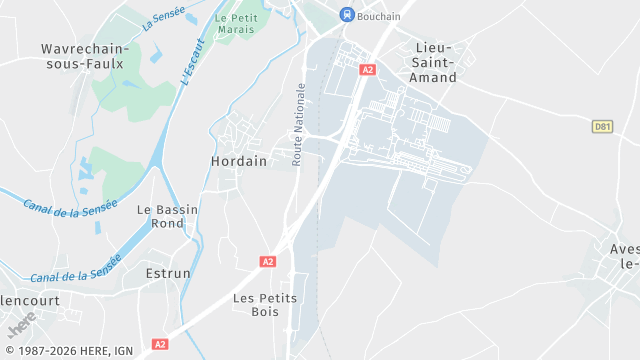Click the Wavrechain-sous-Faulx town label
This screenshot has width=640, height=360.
[x=82, y=56]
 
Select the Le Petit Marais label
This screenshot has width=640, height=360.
[x=236, y=24]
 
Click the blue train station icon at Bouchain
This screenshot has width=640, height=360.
[x=347, y=14]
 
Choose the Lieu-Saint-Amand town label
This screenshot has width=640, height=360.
[x=433, y=63]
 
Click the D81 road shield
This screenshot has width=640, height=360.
[x=602, y=126]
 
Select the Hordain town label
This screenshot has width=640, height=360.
[x=239, y=160]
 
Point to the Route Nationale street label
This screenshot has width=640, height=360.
[x=298, y=124]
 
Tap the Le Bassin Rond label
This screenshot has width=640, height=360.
[x=167, y=217]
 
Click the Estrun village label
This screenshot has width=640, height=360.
[x=168, y=273]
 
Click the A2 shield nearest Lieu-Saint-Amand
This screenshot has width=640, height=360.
[x=368, y=70]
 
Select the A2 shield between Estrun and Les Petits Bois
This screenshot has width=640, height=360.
[x=267, y=261]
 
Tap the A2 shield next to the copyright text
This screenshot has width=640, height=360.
[x=159, y=344]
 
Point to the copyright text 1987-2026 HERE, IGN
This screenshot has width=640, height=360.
[x=69, y=351]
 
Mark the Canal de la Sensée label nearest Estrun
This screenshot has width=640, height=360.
[x=75, y=268]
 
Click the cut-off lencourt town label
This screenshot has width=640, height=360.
[x=30, y=300]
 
